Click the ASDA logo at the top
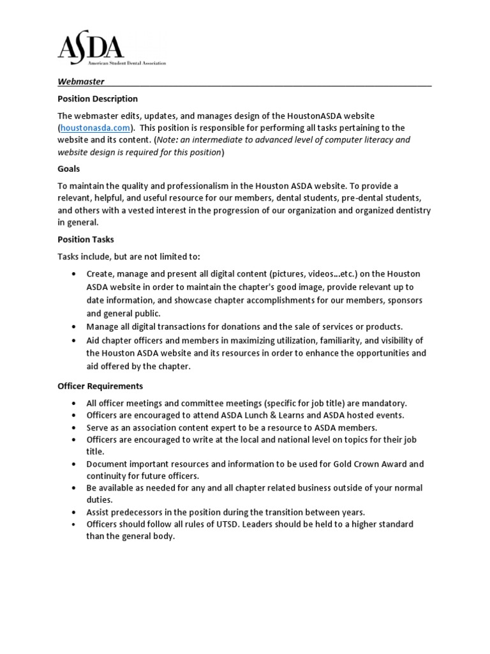[x=91, y=47]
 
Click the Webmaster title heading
[x=81, y=82]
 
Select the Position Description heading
[x=98, y=99]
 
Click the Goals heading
[x=69, y=169]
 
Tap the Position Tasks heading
[x=87, y=240]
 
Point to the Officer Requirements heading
[x=100, y=386]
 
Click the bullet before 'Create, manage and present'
[x=75, y=274]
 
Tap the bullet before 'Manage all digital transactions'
[x=75, y=327]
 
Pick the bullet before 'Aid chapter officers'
[x=75, y=340]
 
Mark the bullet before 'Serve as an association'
[x=75, y=428]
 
